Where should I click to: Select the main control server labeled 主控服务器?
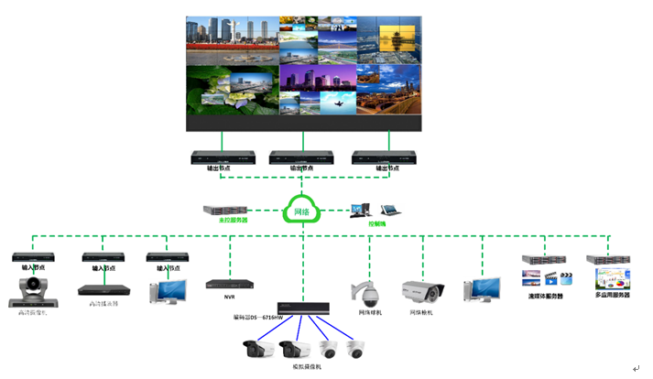pyautogui.click(x=226, y=210)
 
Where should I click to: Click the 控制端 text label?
pyautogui.click(x=376, y=223)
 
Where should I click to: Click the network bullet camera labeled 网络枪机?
pyautogui.click(x=422, y=292)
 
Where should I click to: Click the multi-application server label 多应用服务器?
pyautogui.click(x=613, y=296)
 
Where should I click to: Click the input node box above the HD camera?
pyautogui.click(x=34, y=257)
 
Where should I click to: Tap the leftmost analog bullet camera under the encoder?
pyautogui.click(x=257, y=348)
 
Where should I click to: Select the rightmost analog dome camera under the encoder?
pyautogui.click(x=354, y=348)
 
